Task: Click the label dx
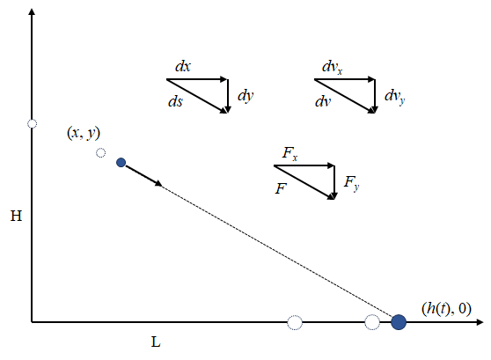(182, 66)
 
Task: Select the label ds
(175, 101)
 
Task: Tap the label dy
(245, 96)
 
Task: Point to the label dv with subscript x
(333, 68)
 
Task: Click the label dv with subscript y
(394, 97)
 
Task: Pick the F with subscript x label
(290, 153)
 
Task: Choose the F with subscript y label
(351, 183)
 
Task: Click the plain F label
(281, 188)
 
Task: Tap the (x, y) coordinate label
(84, 133)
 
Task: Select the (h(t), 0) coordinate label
(446, 309)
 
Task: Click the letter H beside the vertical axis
(17, 217)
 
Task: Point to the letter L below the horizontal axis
(156, 342)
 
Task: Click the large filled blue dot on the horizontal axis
(399, 322)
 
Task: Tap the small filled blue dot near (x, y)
(121, 163)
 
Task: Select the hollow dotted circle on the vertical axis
(32, 124)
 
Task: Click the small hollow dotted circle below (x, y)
(100, 153)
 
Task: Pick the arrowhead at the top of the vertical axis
(32, 11)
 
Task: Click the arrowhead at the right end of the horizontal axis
(480, 322)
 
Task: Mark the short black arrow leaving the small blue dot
(143, 176)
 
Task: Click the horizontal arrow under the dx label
(196, 79)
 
